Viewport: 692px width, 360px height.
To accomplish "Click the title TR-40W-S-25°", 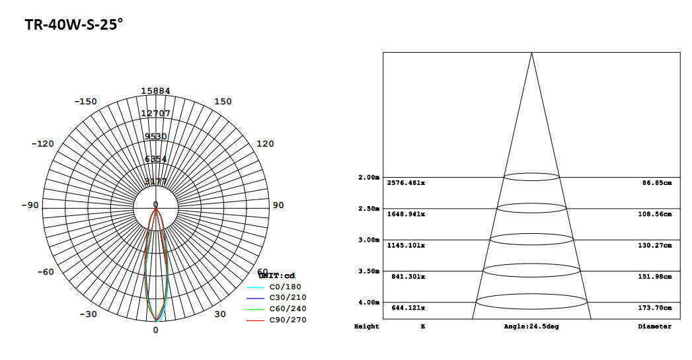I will click(x=74, y=25).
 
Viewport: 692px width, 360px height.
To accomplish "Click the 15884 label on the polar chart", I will click(x=155, y=90).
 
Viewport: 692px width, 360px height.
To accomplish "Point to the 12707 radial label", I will click(x=155, y=113).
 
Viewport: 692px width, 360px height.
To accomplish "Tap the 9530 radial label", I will click(x=155, y=136).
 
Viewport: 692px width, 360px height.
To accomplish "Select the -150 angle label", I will click(x=85, y=101).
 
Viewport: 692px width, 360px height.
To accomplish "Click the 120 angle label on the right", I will click(x=264, y=143).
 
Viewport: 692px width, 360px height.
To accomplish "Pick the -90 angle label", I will click(x=30, y=205).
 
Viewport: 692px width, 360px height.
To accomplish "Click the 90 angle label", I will click(x=278, y=205).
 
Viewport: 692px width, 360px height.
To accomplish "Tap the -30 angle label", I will click(x=89, y=314).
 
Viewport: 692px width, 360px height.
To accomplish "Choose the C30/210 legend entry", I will click(x=288, y=297).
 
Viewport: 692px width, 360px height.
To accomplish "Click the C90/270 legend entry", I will click(x=288, y=320).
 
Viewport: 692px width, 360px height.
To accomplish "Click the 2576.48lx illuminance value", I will click(x=406, y=182).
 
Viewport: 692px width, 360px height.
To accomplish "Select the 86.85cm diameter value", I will click(x=657, y=182).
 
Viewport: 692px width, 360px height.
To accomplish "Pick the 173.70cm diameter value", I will click(x=657, y=308).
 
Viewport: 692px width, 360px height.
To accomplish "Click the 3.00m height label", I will click(x=369, y=240).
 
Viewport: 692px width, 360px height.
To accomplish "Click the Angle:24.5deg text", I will click(x=531, y=326).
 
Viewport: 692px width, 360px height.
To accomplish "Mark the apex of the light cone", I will click(x=531, y=53).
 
